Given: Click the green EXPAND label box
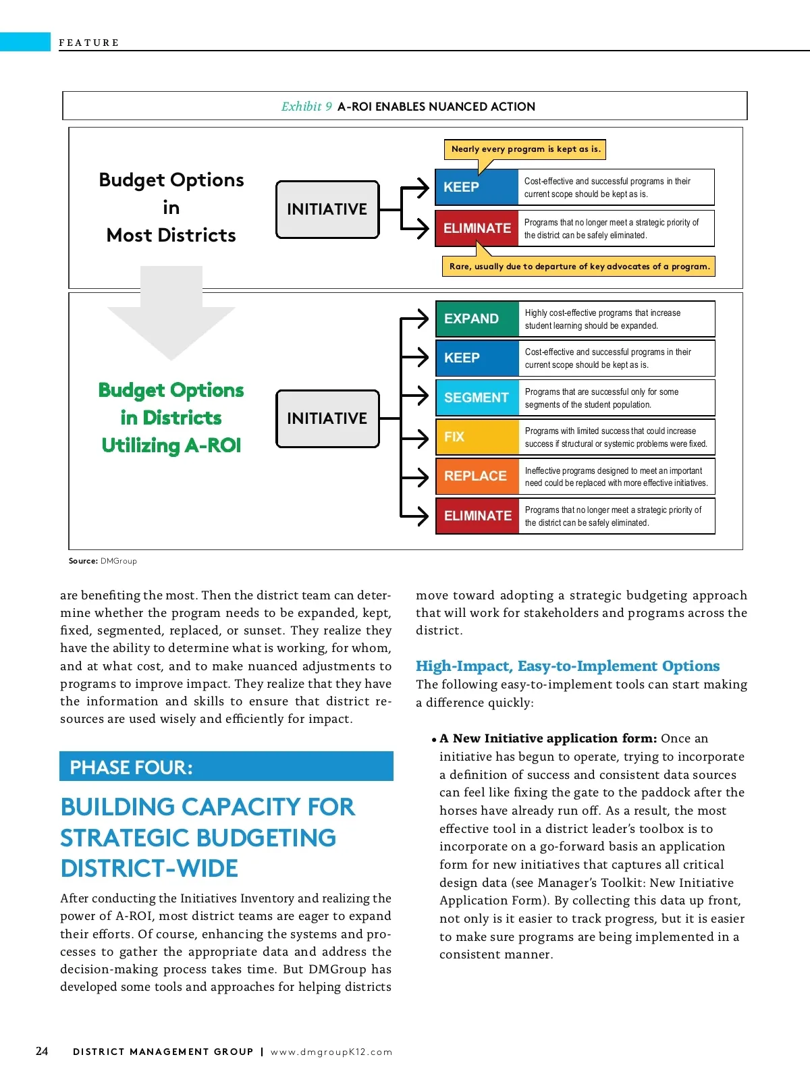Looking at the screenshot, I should (x=477, y=319).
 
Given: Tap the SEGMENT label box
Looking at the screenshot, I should (x=477, y=398).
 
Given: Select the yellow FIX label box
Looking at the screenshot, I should (x=477, y=437).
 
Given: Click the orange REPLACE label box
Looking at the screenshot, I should (x=477, y=476).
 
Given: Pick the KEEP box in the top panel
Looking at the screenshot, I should (x=477, y=187).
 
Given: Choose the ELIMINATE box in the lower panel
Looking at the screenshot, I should (x=477, y=516).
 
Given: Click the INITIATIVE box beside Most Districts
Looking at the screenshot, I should (x=327, y=209).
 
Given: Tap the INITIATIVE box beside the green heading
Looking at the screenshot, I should (x=327, y=418).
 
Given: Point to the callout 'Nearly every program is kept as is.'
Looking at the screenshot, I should (x=525, y=149).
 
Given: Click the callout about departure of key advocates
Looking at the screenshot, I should (x=579, y=266).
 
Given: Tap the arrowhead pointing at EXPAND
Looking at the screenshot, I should (x=423, y=319).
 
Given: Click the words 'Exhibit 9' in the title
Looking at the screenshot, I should (x=306, y=107).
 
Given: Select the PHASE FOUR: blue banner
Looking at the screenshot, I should (x=226, y=767).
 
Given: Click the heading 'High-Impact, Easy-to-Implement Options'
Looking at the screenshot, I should (x=568, y=666).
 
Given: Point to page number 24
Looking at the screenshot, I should (x=42, y=1051).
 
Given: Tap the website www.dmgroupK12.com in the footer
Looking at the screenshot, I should (x=331, y=1052).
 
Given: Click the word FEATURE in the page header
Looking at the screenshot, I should (x=89, y=43).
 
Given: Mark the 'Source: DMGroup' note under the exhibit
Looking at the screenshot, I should (x=103, y=561).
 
